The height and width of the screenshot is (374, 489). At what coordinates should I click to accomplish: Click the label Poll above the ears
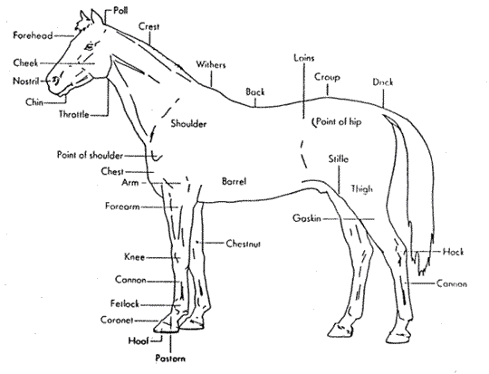click(120, 11)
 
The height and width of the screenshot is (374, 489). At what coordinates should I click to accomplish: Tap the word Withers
click(210, 64)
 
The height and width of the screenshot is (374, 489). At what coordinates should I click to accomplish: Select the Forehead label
click(33, 35)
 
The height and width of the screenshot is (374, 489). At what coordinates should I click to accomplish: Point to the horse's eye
click(90, 46)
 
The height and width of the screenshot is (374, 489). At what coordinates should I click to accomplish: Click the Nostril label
click(26, 82)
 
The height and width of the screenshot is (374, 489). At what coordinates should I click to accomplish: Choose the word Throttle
click(74, 114)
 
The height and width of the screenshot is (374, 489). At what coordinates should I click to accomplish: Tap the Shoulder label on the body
click(188, 123)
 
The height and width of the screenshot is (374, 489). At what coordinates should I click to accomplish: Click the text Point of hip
click(339, 121)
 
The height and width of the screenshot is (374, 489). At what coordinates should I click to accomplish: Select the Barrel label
click(234, 181)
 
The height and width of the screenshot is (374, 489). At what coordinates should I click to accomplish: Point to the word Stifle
click(339, 158)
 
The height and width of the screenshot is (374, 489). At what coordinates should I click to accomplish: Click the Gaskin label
click(307, 218)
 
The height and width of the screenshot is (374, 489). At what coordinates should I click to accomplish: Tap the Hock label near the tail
click(453, 252)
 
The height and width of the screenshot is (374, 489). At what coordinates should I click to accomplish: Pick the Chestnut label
click(244, 244)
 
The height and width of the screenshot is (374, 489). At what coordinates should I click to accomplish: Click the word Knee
click(134, 257)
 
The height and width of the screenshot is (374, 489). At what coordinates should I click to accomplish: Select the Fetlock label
click(125, 303)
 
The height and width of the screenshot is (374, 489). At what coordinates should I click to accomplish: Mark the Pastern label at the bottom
click(170, 358)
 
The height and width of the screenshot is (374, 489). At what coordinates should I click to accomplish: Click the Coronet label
click(117, 320)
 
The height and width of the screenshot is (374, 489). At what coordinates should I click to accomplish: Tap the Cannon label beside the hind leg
click(451, 283)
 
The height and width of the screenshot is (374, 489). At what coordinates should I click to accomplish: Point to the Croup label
click(327, 77)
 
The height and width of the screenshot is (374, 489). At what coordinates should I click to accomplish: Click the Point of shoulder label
click(90, 155)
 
